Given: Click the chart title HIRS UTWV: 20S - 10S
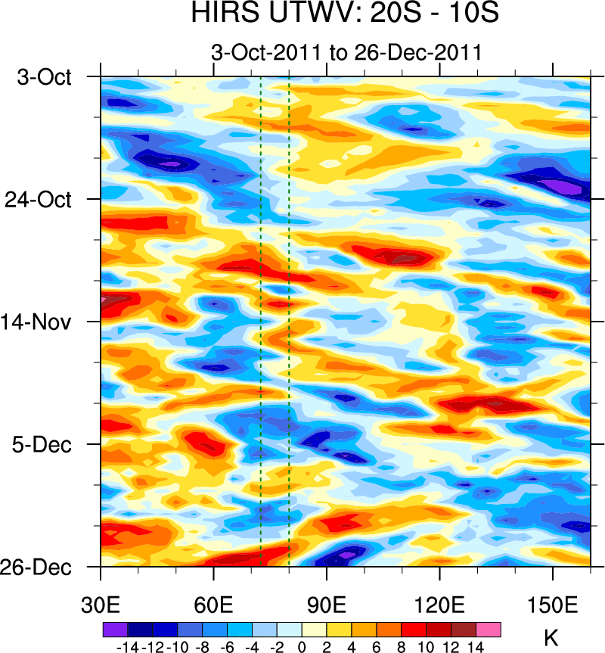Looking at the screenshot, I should [345, 15].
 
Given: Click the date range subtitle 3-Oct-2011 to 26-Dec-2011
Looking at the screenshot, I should [346, 53].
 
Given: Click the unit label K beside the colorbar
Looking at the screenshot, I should [551, 638].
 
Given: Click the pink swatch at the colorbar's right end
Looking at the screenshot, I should [489, 630].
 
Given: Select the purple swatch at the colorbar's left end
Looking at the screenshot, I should [114, 630].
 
